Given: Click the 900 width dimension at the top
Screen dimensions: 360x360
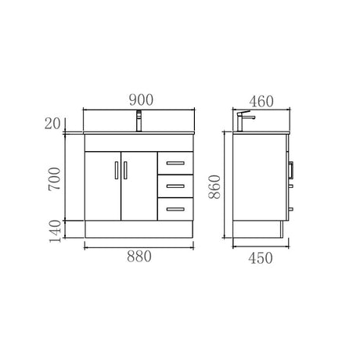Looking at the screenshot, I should [140, 99].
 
